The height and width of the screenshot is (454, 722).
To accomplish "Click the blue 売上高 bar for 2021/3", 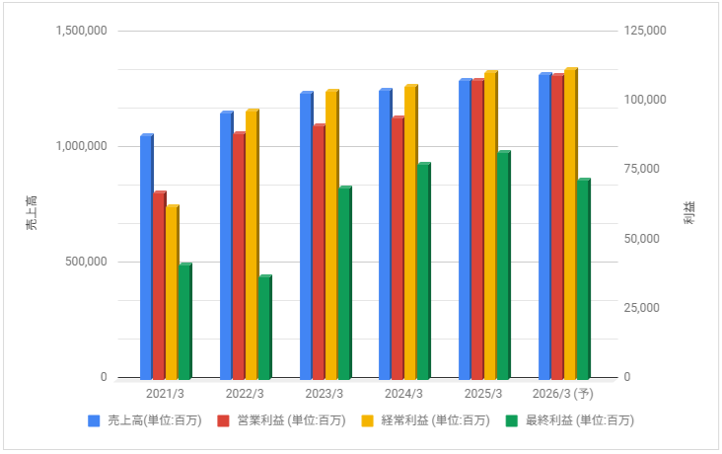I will click(x=146, y=257).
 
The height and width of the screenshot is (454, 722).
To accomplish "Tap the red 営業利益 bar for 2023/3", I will click(x=319, y=252).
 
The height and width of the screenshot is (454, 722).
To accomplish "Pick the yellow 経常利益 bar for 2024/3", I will click(x=410, y=233).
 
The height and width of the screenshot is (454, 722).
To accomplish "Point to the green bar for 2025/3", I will click(x=503, y=265).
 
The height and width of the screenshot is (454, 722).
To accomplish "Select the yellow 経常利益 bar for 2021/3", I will click(x=172, y=292).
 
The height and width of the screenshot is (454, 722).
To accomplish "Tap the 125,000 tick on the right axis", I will click(x=646, y=32).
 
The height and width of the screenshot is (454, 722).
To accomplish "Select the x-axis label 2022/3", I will click(x=245, y=394).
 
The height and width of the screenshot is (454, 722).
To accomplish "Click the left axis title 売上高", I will click(x=32, y=213).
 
